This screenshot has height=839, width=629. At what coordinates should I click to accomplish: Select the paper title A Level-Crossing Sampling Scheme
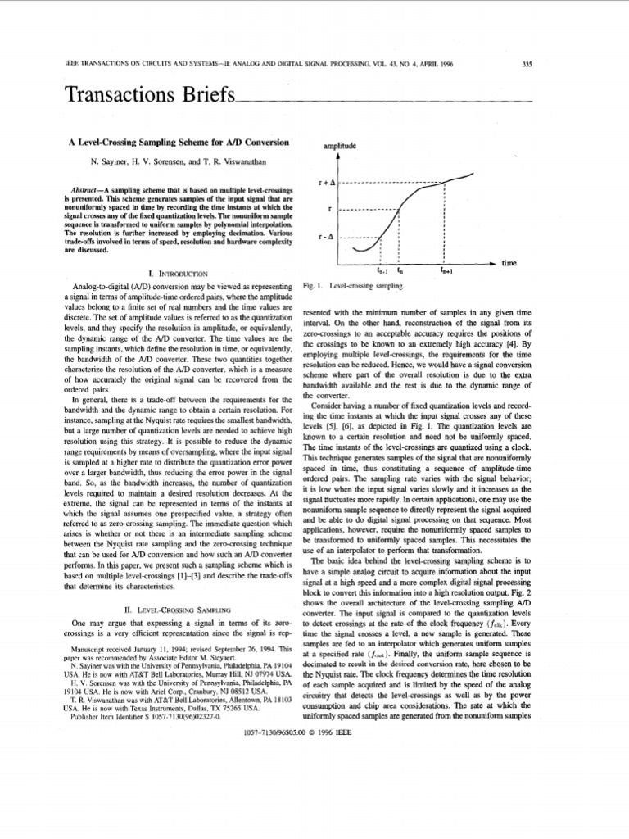point(178,143)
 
